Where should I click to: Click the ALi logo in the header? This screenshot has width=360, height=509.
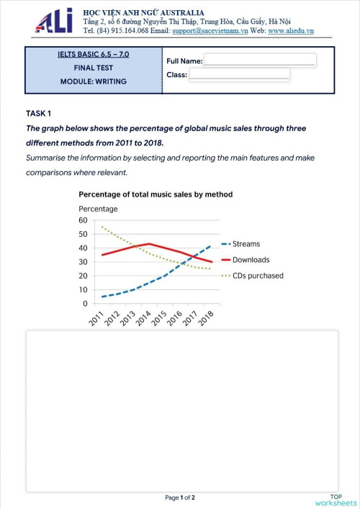[54, 22]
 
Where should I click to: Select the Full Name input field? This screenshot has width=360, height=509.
[260, 60]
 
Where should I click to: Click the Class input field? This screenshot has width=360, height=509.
[240, 74]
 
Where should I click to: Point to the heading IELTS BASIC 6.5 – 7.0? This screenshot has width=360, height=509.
[94, 55]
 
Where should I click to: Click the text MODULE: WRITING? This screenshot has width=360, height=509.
[94, 81]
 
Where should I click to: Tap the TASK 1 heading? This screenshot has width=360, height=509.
[39, 114]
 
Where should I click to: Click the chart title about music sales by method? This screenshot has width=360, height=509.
[156, 194]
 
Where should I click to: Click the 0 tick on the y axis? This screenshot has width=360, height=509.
[85, 304]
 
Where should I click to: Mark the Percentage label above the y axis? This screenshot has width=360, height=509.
[98, 209]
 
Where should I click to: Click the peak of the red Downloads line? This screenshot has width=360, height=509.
[148, 244]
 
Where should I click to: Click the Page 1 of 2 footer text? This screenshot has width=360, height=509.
[180, 497]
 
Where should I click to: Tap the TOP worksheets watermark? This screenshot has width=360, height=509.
[336, 499]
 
